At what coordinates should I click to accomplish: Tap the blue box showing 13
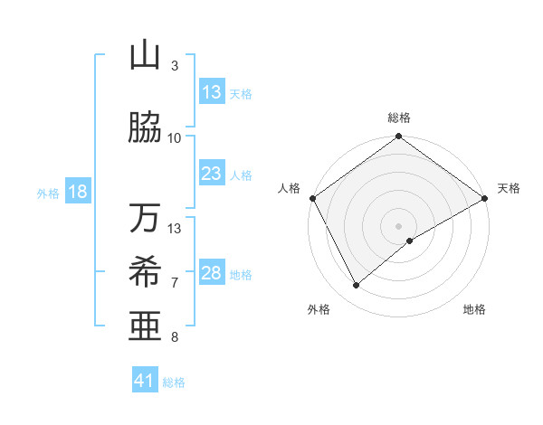tap(212, 93)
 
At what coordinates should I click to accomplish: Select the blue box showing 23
tap(212, 174)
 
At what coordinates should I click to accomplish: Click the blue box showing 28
tap(212, 273)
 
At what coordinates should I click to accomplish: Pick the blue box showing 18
tap(77, 193)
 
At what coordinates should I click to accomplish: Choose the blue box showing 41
tap(145, 381)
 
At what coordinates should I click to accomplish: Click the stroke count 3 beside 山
tap(175, 66)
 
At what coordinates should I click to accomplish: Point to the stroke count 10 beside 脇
tap(175, 137)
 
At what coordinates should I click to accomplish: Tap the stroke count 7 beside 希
tap(175, 282)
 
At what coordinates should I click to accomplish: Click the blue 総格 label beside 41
tap(174, 382)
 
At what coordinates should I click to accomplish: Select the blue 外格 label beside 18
tap(48, 194)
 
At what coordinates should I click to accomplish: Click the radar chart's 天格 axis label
tap(509, 188)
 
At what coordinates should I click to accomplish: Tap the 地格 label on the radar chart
tap(474, 310)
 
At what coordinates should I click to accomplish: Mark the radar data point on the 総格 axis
tap(398, 137)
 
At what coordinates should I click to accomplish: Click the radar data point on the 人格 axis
tap(312, 198)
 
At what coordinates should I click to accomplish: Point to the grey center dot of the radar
tap(398, 225)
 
